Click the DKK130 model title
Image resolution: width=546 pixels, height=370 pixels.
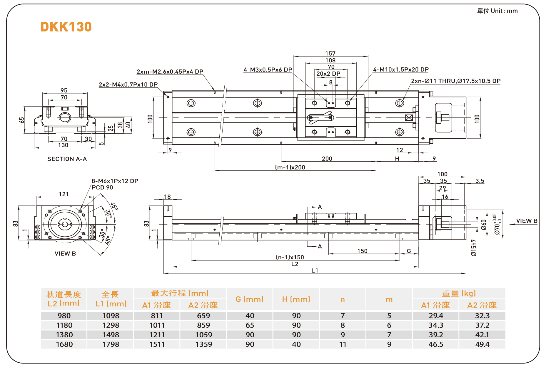[66, 27]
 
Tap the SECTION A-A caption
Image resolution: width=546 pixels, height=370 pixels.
[67, 159]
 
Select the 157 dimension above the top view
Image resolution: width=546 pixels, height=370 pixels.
[330, 53]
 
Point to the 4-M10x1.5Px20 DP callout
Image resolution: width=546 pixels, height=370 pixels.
[401, 69]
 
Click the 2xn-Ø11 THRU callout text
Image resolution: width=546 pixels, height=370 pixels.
[455, 81]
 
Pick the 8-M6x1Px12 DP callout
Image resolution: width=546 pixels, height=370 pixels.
[115, 181]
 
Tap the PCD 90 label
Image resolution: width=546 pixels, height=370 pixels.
[102, 188]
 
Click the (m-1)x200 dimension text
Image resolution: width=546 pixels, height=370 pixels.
[290, 167]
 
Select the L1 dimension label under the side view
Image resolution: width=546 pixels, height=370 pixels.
[315, 271]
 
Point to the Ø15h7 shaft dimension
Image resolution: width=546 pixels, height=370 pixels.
[474, 248]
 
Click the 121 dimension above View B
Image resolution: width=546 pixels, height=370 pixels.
[64, 194]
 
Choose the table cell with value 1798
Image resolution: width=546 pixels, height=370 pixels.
[111, 344]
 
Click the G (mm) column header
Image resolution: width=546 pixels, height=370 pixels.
[250, 299]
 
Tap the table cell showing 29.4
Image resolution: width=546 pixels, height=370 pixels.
[436, 316]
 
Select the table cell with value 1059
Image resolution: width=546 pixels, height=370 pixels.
[204, 335]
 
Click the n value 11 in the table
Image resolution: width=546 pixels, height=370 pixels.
[343, 344]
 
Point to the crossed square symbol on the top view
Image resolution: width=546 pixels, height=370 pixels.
[409, 118]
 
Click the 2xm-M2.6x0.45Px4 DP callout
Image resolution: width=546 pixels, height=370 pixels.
[170, 72]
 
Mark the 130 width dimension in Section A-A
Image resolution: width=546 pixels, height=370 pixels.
[63, 145]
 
